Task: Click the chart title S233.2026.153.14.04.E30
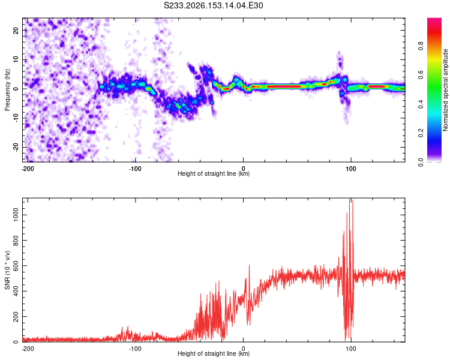(x=213, y=5)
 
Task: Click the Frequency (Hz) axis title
(x=7, y=90)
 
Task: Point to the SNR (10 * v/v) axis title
(x=7, y=270)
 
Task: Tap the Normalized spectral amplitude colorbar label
(x=445, y=90)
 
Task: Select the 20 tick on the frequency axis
(x=16, y=30)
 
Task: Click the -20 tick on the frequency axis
(x=16, y=147)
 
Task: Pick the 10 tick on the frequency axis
(x=16, y=59)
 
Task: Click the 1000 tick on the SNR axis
(x=16, y=215)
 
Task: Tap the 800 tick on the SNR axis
(x=16, y=240)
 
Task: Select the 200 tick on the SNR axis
(x=16, y=317)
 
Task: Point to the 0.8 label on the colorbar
(x=421, y=46)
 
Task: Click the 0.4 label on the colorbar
(x=421, y=104)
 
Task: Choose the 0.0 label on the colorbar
(x=421, y=163)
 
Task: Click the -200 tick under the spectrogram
(x=28, y=169)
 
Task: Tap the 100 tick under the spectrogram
(x=351, y=169)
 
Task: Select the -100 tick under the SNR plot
(x=135, y=349)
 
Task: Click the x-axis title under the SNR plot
(x=214, y=353)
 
